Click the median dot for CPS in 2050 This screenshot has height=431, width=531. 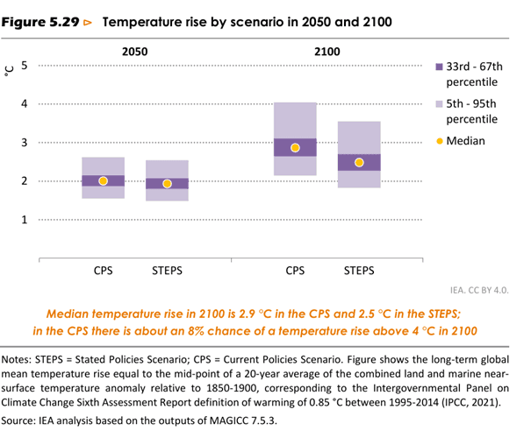click(x=103, y=180)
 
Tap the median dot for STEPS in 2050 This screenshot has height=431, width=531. click(x=168, y=184)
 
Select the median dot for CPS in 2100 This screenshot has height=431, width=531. click(x=295, y=148)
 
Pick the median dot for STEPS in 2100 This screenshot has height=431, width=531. click(x=359, y=162)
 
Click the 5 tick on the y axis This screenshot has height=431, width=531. click(x=25, y=66)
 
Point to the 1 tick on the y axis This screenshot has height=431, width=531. click(x=25, y=220)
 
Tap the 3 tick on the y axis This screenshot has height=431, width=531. click(x=25, y=143)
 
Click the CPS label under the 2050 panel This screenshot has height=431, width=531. click(x=103, y=271)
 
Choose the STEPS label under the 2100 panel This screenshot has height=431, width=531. click(x=359, y=271)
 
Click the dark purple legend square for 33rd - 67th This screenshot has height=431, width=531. click(x=440, y=67)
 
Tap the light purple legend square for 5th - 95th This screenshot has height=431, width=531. click(x=440, y=103)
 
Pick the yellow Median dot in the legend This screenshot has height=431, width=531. click(x=440, y=140)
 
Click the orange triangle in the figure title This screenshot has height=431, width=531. click(x=87, y=20)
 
